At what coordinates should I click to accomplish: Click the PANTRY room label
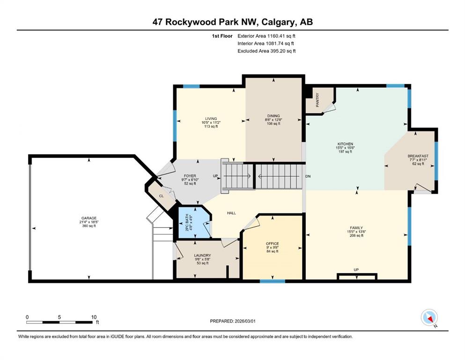(x=317, y=100)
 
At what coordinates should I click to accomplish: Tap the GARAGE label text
(x=89, y=218)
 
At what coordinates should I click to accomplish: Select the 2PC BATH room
(x=194, y=222)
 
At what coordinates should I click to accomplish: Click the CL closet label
(x=162, y=196)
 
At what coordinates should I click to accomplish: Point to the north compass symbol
(x=429, y=318)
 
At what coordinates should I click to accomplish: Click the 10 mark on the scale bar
(x=94, y=317)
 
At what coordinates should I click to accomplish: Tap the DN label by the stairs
(x=308, y=176)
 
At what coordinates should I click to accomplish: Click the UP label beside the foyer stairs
(x=215, y=176)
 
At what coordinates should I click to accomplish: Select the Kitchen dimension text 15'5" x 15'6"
(x=345, y=148)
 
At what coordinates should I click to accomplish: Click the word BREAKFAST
(x=418, y=156)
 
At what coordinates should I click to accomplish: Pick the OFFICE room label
(x=272, y=244)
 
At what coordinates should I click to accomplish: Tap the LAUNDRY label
(x=202, y=255)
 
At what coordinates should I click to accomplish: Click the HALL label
(x=231, y=213)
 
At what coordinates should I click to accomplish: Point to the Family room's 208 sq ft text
(x=356, y=236)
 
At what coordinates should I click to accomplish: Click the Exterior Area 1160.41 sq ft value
(x=266, y=36)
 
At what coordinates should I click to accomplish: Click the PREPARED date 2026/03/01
(x=232, y=321)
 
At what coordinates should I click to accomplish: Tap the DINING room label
(x=273, y=116)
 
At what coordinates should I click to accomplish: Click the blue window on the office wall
(x=273, y=281)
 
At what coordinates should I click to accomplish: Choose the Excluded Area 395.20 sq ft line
(x=266, y=51)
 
